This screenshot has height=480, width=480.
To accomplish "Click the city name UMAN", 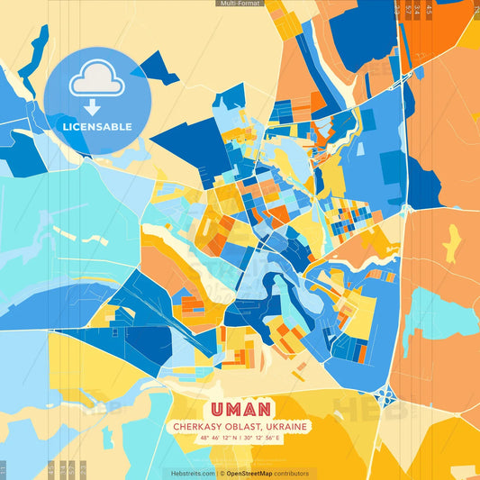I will (x=238, y=410).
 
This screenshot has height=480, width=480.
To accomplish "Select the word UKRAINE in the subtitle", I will (x=286, y=426).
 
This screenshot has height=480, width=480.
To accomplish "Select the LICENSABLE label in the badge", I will (x=97, y=126).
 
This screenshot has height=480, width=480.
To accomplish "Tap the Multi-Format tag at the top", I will (x=240, y=4).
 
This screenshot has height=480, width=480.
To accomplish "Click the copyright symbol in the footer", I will (x=222, y=473).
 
